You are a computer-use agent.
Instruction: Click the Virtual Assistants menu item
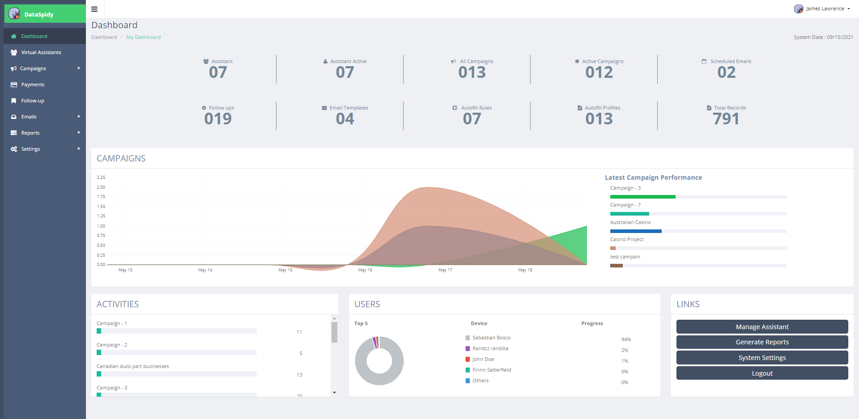pyautogui.click(x=41, y=52)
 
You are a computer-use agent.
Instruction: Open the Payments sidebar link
pyautogui.click(x=33, y=85)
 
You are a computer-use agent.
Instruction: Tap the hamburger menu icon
pyautogui.click(x=94, y=9)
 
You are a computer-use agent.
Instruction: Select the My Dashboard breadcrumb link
pyautogui.click(x=143, y=37)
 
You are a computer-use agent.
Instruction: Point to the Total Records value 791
pyautogui.click(x=726, y=119)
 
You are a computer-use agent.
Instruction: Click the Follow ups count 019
pyautogui.click(x=218, y=119)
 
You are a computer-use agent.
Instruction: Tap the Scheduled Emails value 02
pyautogui.click(x=726, y=72)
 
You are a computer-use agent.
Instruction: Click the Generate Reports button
pyautogui.click(x=762, y=342)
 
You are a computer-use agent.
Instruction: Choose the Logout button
pyautogui.click(x=762, y=373)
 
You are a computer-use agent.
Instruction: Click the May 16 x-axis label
pyautogui.click(x=365, y=270)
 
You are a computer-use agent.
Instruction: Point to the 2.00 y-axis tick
pyautogui.click(x=101, y=187)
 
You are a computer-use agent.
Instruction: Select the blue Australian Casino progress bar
pyautogui.click(x=636, y=231)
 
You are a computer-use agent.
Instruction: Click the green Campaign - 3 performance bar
pyautogui.click(x=642, y=197)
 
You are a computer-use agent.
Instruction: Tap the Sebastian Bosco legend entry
pyautogui.click(x=491, y=338)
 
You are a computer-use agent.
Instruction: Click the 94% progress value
pyautogui.click(x=626, y=339)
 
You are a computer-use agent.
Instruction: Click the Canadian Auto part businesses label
pyautogui.click(x=133, y=366)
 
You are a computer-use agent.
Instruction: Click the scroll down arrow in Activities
pyautogui.click(x=334, y=393)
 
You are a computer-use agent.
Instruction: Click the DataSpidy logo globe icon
pyautogui.click(x=14, y=14)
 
